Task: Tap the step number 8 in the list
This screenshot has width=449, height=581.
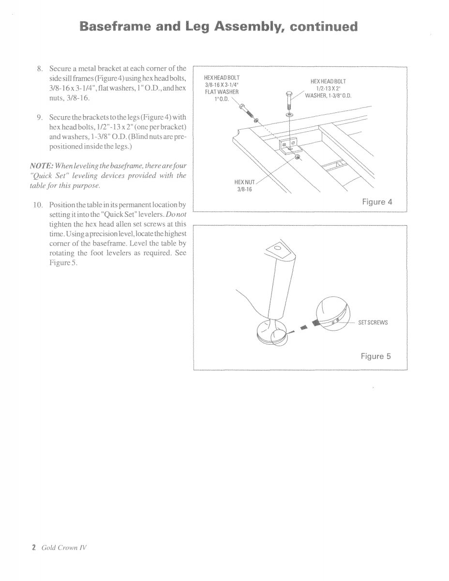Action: point(40,68)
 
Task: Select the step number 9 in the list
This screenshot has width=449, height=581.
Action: point(40,118)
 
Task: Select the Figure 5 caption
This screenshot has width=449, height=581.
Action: point(375,356)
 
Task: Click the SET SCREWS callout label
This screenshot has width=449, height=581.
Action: point(374,322)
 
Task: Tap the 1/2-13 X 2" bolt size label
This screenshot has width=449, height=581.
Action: point(329,89)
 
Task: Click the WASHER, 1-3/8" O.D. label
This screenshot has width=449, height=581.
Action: point(328,95)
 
